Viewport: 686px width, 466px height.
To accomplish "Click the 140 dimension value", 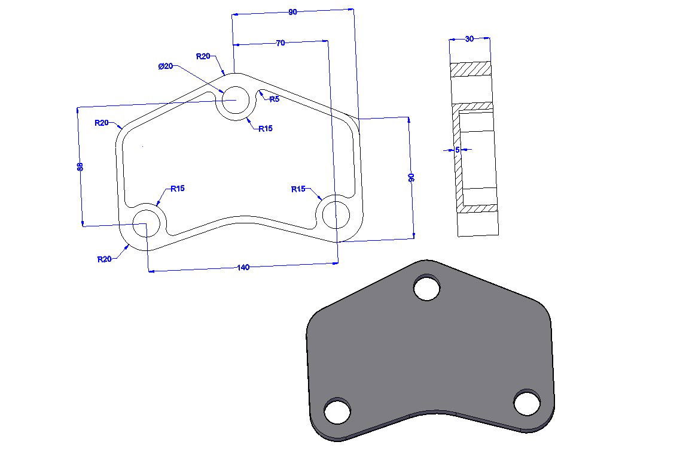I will coord(243,268).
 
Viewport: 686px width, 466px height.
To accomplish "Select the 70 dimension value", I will coord(280,43).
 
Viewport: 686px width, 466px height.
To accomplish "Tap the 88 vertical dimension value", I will coord(80,167).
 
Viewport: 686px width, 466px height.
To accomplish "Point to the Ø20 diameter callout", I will coord(166,66).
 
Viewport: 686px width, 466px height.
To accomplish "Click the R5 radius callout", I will coord(274,99).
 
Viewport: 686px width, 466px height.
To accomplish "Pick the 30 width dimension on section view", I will coord(469,39).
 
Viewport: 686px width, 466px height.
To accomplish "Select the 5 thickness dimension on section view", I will coord(458,150).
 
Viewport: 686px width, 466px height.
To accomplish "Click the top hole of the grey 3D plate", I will coord(427,288).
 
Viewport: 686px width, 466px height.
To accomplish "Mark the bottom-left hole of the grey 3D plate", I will coord(337,411).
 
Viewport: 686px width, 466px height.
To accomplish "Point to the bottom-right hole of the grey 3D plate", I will coord(527,403).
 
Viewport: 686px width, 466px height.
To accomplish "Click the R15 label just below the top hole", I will coord(266,129).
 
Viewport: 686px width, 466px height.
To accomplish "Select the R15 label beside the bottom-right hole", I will coord(298,189).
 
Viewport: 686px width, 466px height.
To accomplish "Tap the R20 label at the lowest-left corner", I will coord(105,259).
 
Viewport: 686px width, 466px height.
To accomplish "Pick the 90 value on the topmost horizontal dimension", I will coord(292,12).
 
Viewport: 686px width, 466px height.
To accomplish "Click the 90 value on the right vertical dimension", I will coord(411,178).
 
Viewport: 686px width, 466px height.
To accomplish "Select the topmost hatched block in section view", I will coord(470,69).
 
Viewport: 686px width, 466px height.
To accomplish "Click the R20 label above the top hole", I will coord(203,56).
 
